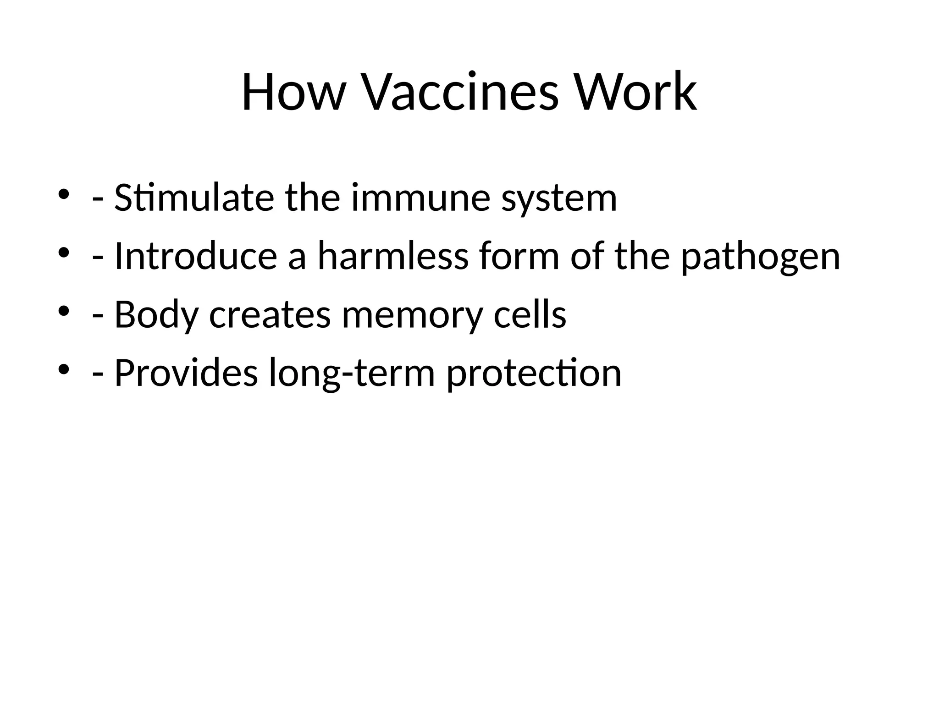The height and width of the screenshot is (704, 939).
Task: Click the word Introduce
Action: [195, 256]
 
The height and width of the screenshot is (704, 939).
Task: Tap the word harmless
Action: [393, 256]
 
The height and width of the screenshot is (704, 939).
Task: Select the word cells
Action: [530, 315]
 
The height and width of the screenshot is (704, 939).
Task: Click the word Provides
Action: [186, 373]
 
